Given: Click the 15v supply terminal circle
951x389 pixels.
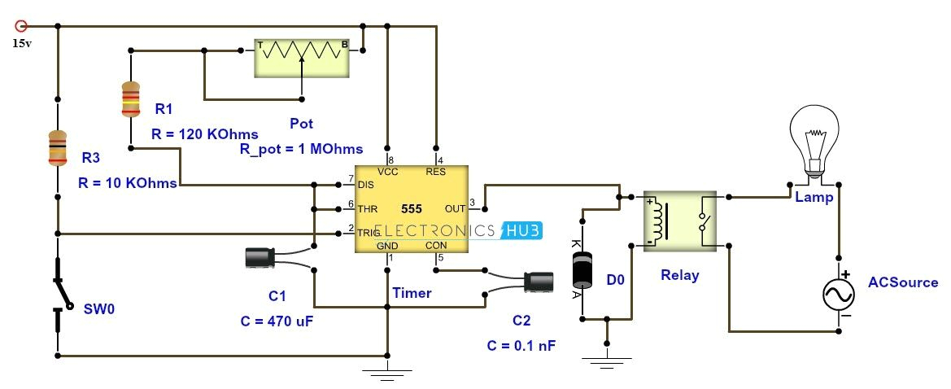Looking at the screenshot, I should coord(21,26).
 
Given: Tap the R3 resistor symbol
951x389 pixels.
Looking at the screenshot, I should coord(58,148).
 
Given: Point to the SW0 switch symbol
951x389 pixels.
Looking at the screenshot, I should coord(59,294).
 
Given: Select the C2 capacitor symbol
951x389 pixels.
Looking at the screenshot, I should coord(539,282).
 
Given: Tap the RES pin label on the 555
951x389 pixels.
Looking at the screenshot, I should coord(436,172).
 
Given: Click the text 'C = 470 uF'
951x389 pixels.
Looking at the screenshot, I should coord(277,321).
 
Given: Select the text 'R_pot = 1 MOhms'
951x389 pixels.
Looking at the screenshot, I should coord(301,149).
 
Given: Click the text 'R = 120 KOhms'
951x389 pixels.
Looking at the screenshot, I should coord(205,134).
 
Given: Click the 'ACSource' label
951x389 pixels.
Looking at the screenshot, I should coord(903,282).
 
